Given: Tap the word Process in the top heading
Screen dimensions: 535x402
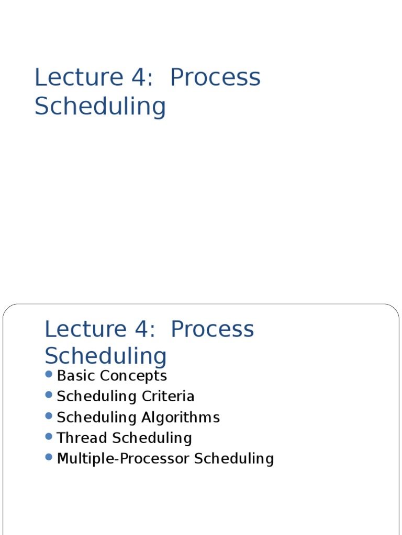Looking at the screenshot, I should [x=215, y=77].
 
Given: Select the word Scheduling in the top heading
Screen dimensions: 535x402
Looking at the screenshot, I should [x=100, y=107].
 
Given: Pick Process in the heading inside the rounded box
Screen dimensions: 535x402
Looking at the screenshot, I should [x=213, y=329].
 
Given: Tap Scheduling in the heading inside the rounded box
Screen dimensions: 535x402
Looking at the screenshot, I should [x=106, y=356].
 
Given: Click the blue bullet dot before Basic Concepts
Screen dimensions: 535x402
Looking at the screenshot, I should [x=49, y=374].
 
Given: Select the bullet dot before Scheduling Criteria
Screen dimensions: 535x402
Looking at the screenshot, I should [x=49, y=395].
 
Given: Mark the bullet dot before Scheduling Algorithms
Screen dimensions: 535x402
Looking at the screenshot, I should [x=49, y=416].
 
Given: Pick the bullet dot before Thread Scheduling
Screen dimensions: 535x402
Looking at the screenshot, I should [x=49, y=436].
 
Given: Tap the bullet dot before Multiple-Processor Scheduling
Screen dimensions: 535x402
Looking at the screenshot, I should [x=49, y=457].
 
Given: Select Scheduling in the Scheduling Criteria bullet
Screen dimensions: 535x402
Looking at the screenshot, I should [x=96, y=397].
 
